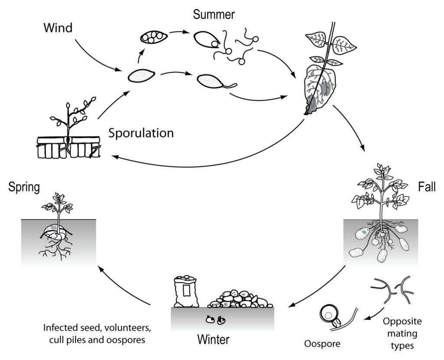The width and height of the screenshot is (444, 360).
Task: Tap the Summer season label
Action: click(214, 14)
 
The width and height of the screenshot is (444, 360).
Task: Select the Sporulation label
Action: click(141, 133)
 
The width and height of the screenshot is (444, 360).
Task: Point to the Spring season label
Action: click(24, 187)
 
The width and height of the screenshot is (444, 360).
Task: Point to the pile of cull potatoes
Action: click(241, 298)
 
